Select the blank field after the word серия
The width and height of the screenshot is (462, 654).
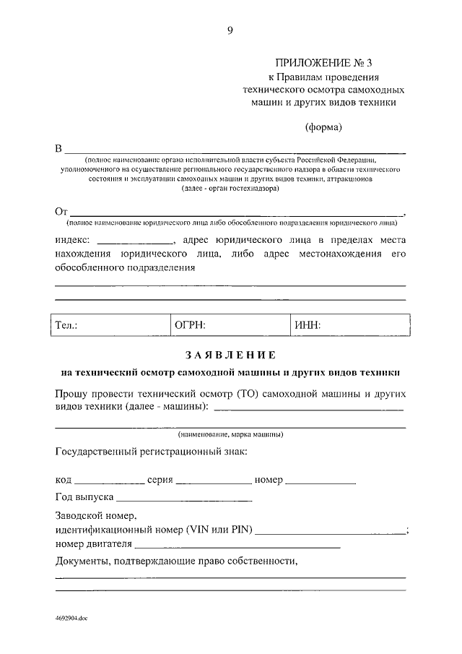point(214,481)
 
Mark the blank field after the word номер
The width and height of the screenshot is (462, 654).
point(321,481)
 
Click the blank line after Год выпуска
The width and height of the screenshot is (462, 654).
point(183,499)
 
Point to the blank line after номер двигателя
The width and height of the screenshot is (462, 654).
point(237,545)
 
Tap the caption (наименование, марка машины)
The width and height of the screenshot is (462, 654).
point(230,435)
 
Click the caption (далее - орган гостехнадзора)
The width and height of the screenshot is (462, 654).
point(230,188)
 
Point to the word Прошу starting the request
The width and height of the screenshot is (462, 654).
point(71,395)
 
